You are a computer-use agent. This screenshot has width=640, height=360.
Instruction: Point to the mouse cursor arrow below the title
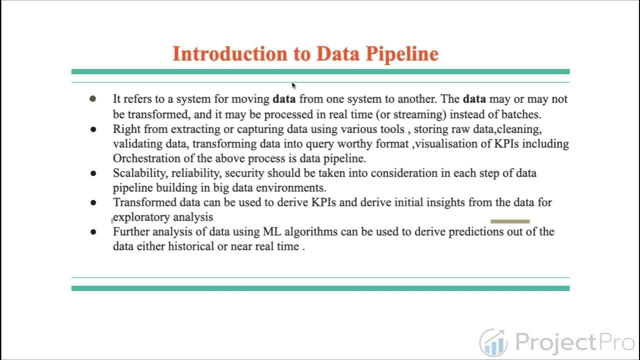click(x=293, y=85)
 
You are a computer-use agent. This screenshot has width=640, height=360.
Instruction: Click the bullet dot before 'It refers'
click(x=92, y=99)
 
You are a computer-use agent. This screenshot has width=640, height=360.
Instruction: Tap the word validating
click(x=134, y=144)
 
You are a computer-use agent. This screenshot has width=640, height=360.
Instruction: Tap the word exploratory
click(x=141, y=217)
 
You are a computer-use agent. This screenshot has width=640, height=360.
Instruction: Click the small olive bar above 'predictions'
click(x=510, y=221)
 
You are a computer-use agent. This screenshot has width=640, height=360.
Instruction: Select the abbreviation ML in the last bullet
click(x=270, y=231)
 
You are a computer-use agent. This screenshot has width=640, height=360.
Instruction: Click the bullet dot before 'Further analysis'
click(x=93, y=232)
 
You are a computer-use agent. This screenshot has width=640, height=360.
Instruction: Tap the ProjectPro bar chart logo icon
click(x=493, y=342)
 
